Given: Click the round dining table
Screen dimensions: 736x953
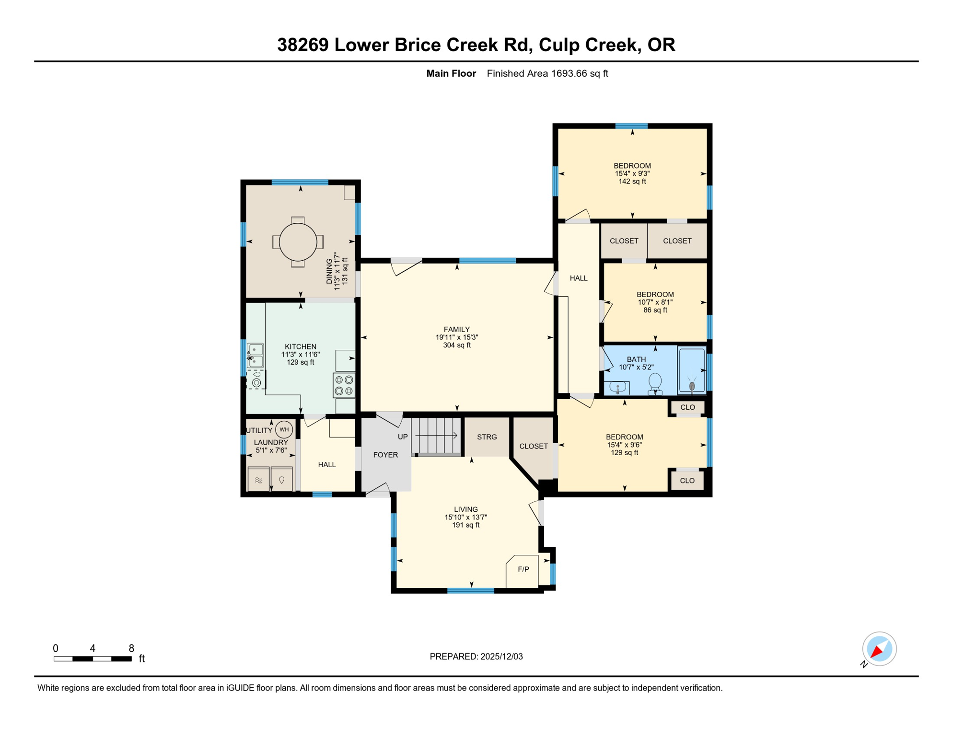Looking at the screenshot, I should (298, 242).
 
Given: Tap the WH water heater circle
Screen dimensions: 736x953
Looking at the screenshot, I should (284, 429).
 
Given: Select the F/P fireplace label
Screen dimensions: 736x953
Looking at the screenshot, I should (523, 569).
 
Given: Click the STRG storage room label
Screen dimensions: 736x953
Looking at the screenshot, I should (487, 437).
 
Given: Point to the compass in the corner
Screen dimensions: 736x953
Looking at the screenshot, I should (879, 649).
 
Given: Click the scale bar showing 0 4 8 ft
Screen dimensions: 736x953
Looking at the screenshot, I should (93, 659).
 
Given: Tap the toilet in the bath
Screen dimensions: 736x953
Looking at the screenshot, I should (655, 383).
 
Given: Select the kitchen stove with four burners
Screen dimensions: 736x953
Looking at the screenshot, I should (344, 385).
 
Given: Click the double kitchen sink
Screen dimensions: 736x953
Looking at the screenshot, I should (255, 355).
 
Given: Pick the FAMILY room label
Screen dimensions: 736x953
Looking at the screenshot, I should (456, 329).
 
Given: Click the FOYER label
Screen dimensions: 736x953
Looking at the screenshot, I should (385, 455).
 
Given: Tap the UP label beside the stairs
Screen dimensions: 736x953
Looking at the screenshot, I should (402, 437).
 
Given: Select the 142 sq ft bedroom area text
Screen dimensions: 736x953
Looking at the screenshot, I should (632, 182).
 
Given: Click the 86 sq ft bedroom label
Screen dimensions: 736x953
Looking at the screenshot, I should (655, 310).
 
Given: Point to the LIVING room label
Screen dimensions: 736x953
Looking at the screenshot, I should (465, 509).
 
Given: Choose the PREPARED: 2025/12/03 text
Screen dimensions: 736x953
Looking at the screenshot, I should (476, 656).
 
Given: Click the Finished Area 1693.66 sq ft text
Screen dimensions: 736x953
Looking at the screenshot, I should (547, 73).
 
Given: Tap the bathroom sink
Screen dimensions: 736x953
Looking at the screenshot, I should (618, 387).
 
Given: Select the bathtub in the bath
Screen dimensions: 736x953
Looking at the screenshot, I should (691, 371).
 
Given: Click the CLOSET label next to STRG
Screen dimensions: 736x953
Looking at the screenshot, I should (533, 446).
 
